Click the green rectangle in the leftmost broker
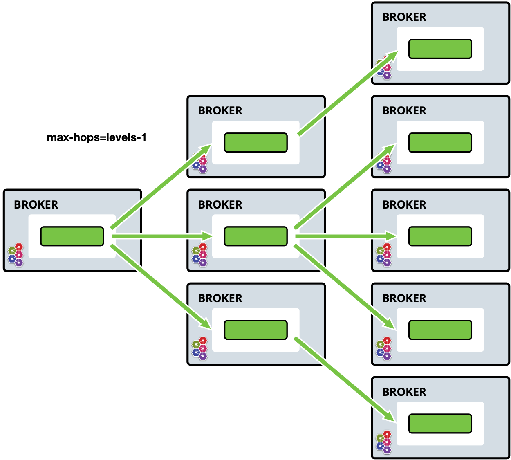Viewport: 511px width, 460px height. (72, 236)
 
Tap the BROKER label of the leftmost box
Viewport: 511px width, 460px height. (36, 204)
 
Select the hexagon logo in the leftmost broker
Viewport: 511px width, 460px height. (16, 255)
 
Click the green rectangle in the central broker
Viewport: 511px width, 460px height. (256, 236)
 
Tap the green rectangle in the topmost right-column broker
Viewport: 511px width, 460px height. (440, 49)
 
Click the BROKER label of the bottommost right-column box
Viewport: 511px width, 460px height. (404, 392)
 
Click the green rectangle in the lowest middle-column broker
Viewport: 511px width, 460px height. (256, 330)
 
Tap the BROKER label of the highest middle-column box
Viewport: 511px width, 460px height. (220, 110)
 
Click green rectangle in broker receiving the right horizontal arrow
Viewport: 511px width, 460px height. (440, 236)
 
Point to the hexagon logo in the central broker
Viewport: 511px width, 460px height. (200, 255)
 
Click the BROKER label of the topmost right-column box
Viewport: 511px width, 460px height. (404, 17)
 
